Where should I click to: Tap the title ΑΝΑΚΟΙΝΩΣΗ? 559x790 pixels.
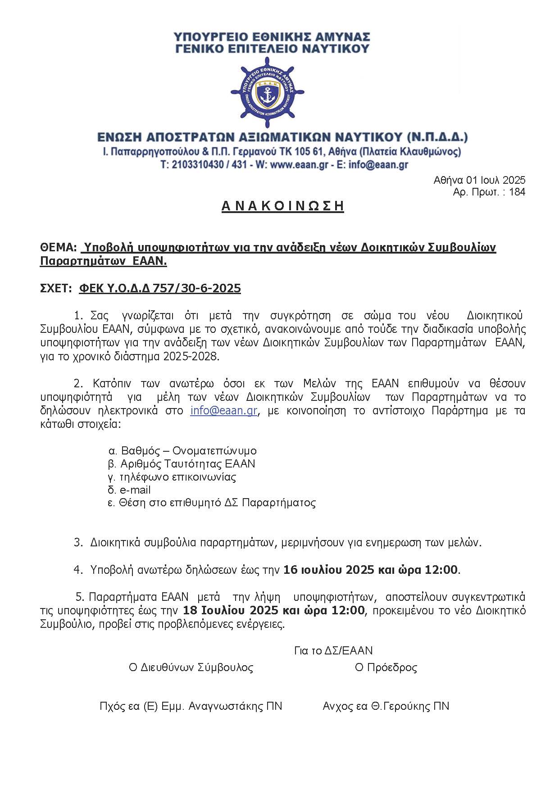(x=282, y=206)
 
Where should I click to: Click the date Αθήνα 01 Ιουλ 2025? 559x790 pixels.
(x=479, y=180)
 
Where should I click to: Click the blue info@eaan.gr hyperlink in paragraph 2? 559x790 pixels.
(x=223, y=410)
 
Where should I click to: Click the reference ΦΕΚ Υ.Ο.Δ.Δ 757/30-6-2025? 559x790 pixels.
(x=160, y=288)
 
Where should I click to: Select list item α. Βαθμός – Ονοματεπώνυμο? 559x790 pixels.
(x=182, y=450)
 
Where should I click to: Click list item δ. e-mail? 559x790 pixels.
(x=129, y=490)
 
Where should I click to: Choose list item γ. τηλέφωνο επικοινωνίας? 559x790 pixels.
(x=172, y=477)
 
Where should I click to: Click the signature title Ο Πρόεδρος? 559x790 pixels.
(x=386, y=667)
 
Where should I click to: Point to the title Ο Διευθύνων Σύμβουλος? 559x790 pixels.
(x=191, y=667)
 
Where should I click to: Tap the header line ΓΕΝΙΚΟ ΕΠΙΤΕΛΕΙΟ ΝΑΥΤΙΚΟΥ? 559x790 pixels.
(x=273, y=48)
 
